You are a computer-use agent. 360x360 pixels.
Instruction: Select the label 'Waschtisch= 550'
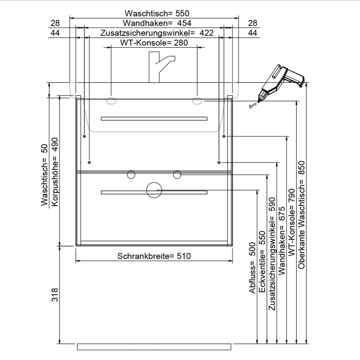(x=154, y=13)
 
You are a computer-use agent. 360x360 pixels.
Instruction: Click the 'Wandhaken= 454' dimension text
(x=154, y=23)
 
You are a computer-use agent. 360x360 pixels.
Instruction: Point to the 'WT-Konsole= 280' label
(x=154, y=43)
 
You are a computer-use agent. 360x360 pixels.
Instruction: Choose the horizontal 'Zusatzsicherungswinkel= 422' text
(x=154, y=33)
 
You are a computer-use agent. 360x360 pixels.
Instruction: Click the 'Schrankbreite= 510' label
(x=154, y=256)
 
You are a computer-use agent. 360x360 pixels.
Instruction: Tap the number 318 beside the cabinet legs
(x=55, y=295)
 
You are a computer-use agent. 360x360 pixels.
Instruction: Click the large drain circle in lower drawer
(x=154, y=190)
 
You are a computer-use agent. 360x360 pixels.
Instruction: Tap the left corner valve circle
(x=131, y=175)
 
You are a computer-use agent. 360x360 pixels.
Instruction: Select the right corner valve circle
(x=177, y=175)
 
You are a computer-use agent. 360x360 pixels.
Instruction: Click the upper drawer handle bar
(x=154, y=119)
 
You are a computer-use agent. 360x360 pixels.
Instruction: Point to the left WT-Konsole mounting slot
(x=112, y=101)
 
